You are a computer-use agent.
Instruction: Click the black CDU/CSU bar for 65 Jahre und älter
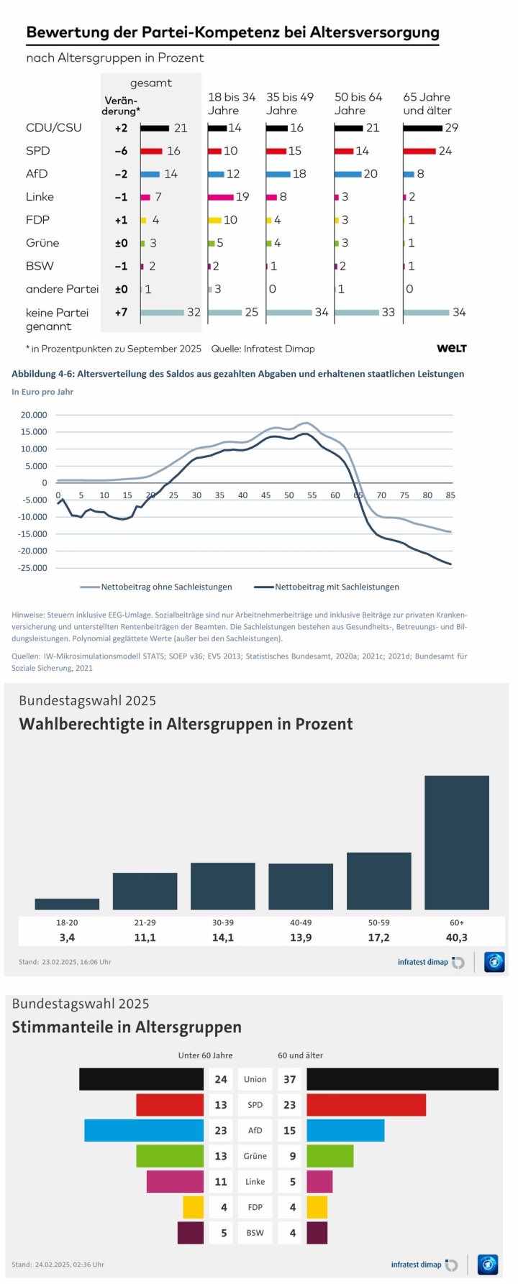422,128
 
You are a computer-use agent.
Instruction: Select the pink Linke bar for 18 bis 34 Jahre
220,197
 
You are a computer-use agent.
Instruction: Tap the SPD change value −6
121,151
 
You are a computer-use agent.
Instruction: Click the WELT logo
452,349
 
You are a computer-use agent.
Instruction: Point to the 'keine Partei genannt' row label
57,319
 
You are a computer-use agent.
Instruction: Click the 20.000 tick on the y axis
34,415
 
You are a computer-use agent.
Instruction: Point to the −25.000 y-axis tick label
32,568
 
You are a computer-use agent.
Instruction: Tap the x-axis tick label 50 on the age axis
288,495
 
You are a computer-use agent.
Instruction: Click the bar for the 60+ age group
456,842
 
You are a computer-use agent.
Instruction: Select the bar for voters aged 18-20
67,904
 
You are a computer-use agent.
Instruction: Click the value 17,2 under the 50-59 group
378,937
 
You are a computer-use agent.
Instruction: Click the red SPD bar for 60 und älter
366,1105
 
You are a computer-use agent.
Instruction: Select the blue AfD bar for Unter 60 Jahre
144,1130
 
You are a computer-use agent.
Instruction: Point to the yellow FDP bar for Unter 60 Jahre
193,1207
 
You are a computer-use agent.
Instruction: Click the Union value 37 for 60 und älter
289,1079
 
